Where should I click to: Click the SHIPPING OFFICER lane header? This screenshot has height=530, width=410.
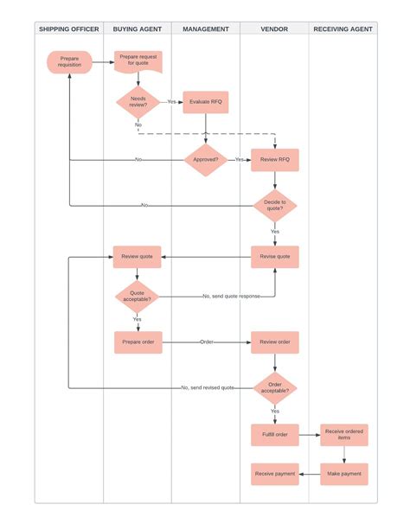pos(69,29)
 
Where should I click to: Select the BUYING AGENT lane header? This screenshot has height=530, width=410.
pos(138,29)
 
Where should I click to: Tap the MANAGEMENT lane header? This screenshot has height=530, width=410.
pos(206,29)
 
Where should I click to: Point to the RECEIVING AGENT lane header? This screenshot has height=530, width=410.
pos(343,29)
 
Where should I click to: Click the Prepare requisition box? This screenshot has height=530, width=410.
pos(69,62)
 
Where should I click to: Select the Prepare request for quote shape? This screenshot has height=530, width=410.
pos(138,61)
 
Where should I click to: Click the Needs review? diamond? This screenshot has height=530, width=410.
pos(138,102)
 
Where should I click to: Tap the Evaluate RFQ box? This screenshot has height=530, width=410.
pos(206,102)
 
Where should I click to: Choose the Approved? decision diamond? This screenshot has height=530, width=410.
pos(206,160)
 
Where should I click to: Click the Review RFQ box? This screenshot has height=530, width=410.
pos(275,160)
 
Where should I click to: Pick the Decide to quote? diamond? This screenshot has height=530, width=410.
pos(275,205)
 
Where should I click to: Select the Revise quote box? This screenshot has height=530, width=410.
pos(275,256)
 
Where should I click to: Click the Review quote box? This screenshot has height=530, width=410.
pos(138,256)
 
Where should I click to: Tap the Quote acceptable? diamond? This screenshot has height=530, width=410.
pos(138,297)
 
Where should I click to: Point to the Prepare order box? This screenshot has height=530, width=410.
pos(138,342)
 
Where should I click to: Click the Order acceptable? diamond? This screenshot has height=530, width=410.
pos(275,387)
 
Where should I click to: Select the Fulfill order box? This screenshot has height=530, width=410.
pos(275,434)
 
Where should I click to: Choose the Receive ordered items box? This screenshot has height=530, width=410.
pos(344,434)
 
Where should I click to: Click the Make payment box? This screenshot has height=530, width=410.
pos(344,474)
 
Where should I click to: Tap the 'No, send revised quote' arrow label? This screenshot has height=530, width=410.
pos(208,387)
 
